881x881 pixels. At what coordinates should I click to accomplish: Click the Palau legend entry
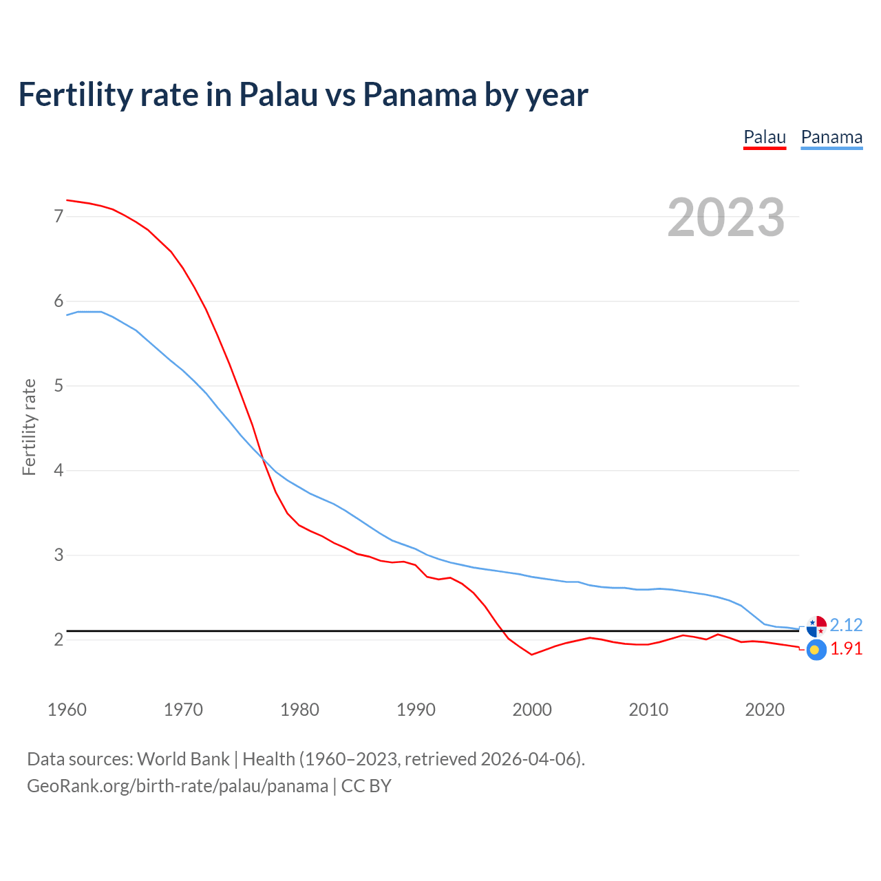pos(765,137)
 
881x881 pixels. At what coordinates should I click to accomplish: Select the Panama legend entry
pos(831,137)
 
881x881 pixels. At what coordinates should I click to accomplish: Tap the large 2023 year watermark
pos(726,217)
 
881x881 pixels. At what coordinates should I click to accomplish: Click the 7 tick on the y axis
pos(59,217)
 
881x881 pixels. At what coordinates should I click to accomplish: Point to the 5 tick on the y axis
pos(59,386)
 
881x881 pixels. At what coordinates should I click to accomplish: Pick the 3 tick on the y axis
pos(59,555)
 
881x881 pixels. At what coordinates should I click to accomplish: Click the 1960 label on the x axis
pos(67,710)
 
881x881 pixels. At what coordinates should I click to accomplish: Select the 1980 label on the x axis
pos(299,710)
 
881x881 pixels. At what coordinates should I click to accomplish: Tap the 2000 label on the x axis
pos(532,710)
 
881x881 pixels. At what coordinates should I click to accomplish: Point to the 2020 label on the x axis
pos(765,710)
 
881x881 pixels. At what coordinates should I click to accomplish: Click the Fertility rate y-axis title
pos(29,427)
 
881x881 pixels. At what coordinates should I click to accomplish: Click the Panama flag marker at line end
pos(816,626)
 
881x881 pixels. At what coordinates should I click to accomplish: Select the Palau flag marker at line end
pos(816,650)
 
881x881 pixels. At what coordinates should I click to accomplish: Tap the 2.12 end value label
pos(846,625)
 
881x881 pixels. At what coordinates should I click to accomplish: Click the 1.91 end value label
pos(846,649)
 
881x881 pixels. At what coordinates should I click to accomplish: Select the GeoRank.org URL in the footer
pos(178,786)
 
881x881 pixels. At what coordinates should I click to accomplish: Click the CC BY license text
pos(366,786)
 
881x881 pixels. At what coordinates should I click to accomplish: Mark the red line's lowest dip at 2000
pos(531,655)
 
